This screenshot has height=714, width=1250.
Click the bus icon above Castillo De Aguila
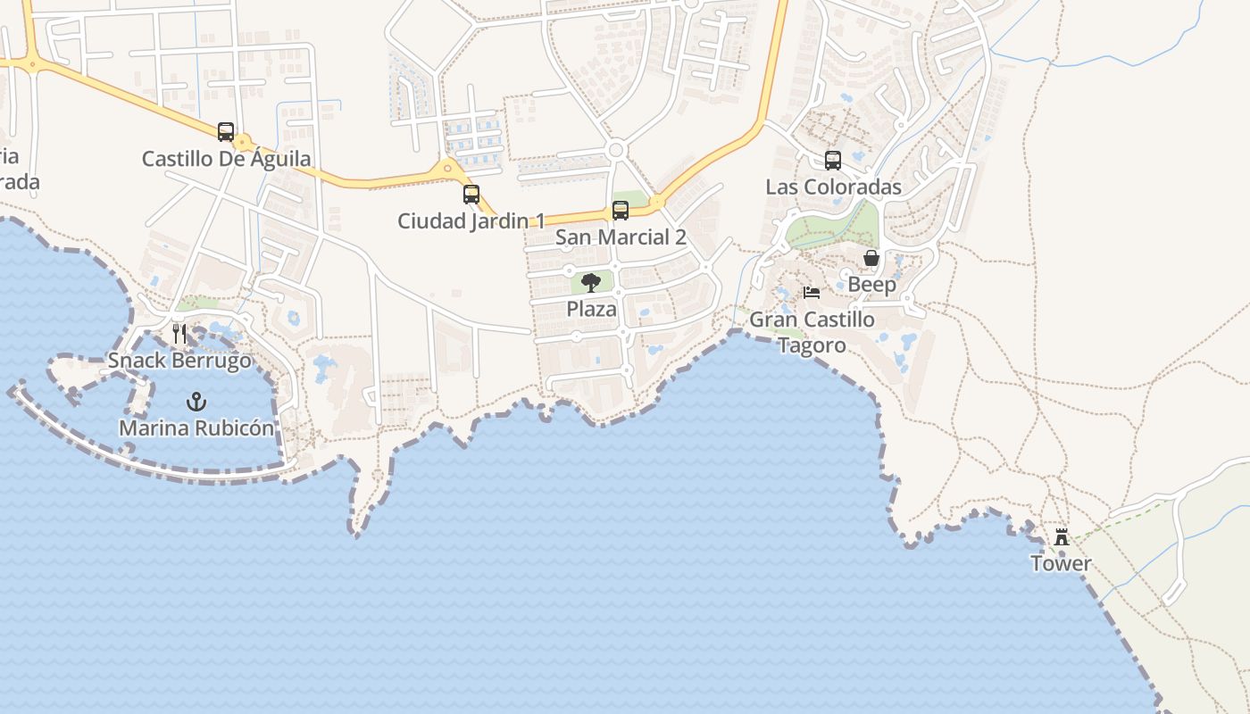click(226, 132)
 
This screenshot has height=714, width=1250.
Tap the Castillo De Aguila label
click(227, 160)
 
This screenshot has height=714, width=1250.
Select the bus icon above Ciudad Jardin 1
click(471, 194)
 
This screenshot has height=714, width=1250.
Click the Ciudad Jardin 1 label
click(471, 221)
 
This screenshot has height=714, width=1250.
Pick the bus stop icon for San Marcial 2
click(621, 211)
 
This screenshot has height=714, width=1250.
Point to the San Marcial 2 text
click(621, 237)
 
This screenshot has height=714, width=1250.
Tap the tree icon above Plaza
click(591, 283)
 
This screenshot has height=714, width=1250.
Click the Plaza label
click(591, 310)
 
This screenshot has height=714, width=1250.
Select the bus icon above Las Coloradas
click(833, 161)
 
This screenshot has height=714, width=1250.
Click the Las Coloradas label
click(833, 187)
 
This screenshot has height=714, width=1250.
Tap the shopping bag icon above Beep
click(871, 258)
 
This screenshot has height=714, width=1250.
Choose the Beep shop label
click(871, 285)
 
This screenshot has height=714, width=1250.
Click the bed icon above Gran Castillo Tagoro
click(812, 293)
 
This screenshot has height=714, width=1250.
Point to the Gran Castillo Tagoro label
click(812, 331)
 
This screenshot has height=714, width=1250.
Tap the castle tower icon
click(1062, 537)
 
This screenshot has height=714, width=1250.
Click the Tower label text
click(1061, 564)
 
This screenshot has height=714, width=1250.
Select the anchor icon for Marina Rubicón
click(196, 402)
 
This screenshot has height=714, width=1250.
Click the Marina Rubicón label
click(196, 428)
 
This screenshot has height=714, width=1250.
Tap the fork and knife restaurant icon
click(179, 334)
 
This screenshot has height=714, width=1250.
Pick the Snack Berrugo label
click(179, 361)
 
